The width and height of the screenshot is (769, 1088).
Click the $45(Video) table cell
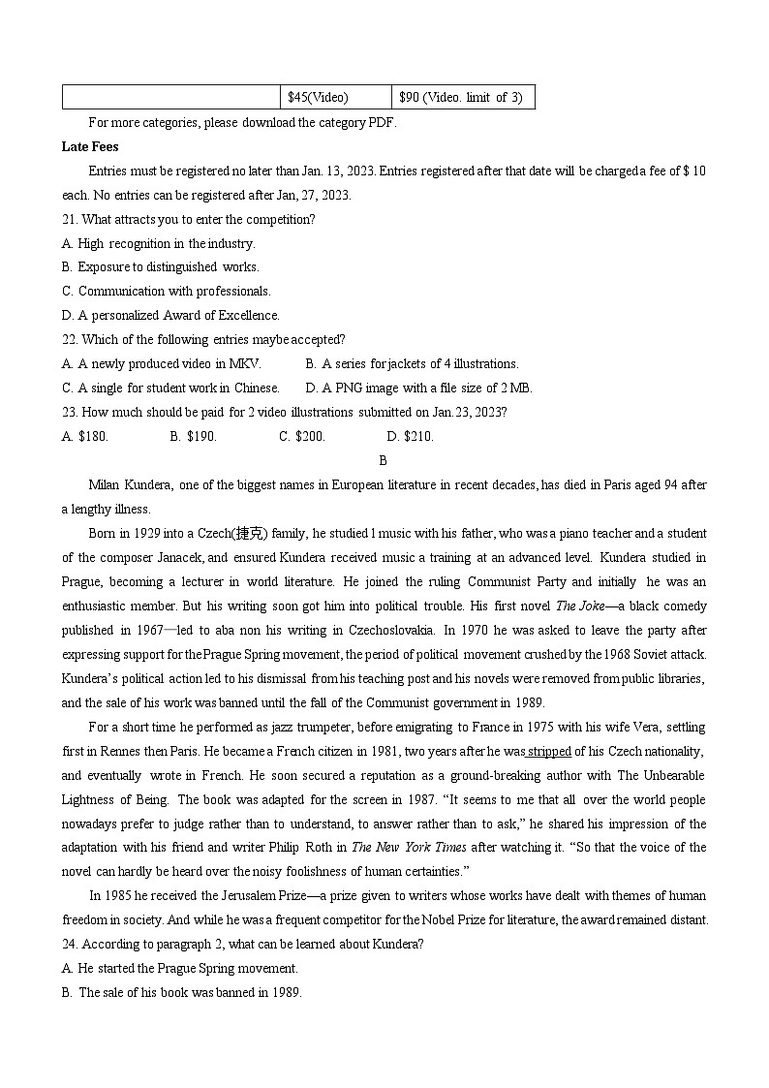coord(335,97)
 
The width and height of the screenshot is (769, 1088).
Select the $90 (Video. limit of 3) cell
coord(463,97)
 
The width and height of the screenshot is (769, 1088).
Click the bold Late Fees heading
coord(90,146)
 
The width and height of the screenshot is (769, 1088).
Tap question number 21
coord(69,219)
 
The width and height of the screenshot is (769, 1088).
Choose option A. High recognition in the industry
coord(158,243)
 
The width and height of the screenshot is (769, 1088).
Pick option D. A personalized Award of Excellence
coord(170,315)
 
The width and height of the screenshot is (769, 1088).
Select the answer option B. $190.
coord(193,436)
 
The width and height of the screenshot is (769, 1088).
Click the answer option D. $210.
coord(410,436)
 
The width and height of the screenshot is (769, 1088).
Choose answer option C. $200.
coord(302,436)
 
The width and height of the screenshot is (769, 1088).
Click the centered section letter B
coord(384,460)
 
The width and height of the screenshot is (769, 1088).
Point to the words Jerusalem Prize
coord(256,896)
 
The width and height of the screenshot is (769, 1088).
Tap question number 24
coord(69,945)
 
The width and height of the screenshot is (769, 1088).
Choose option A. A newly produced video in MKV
coord(162,363)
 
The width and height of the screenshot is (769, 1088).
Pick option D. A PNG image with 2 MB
coord(418,388)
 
